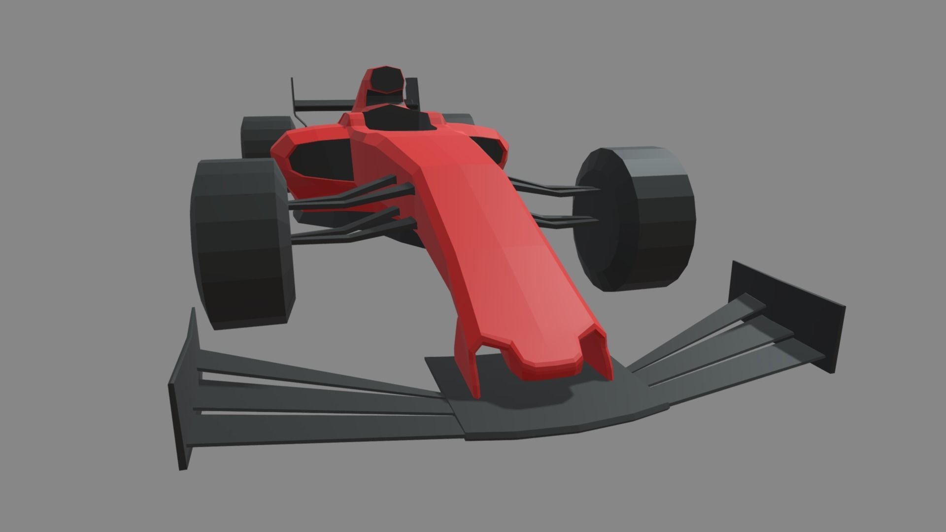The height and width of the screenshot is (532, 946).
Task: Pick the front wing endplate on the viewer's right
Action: tap(788, 315)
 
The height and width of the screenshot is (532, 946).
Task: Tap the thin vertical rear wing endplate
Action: tap(293, 91)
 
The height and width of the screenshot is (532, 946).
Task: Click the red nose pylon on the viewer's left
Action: tap(468, 355)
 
